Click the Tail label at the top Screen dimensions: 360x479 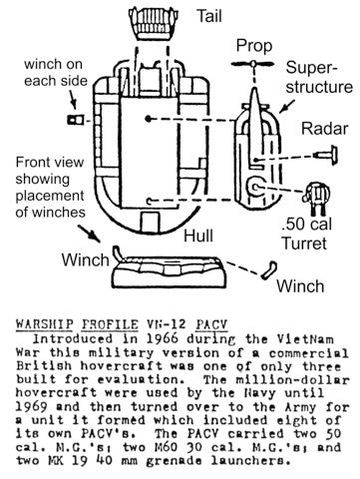pyautogui.click(x=209, y=16)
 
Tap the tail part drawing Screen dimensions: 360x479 pyautogui.click(x=153, y=23)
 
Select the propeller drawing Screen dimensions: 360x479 pyautogui.click(x=253, y=64)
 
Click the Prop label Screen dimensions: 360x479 pyautogui.click(x=254, y=46)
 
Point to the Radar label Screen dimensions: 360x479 pyautogui.click(x=324, y=129)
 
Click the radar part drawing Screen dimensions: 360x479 pyautogui.click(x=327, y=155)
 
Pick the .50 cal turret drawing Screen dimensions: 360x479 pyautogui.click(x=316, y=198)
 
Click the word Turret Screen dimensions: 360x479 pyautogui.click(x=304, y=243)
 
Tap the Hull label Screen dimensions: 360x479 pyautogui.click(x=198, y=236)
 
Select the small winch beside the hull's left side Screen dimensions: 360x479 pyautogui.click(x=75, y=120)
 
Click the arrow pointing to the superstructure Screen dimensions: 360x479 pyautogui.click(x=287, y=106)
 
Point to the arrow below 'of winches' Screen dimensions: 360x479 pyautogui.click(x=89, y=234)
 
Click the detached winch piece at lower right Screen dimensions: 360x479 pyautogui.click(x=268, y=269)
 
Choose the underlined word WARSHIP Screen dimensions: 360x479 pyautogui.click(x=44, y=324)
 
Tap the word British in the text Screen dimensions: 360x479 pyautogui.click(x=44, y=366)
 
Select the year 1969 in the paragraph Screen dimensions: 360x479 pyautogui.click(x=32, y=406)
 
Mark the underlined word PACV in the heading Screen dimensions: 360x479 pyautogui.click(x=211, y=324)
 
